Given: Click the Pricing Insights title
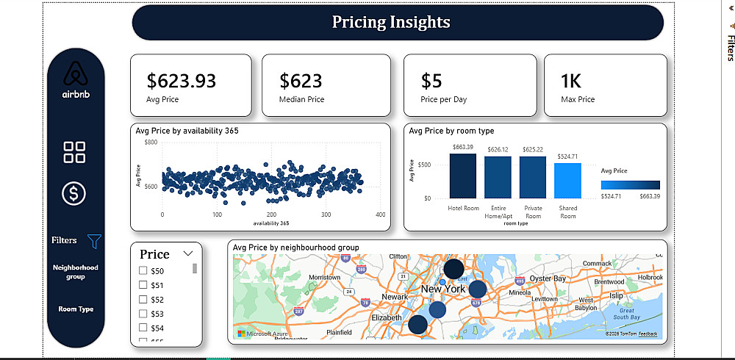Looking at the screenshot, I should tap(391, 22).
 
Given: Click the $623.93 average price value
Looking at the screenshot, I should tap(182, 80).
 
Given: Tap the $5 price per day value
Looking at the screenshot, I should tap(431, 80).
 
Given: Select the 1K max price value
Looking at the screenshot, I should tap(570, 80).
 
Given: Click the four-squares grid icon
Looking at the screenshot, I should tap(75, 152).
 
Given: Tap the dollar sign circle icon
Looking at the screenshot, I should tap(75, 193).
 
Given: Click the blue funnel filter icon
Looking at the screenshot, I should tap(94, 240).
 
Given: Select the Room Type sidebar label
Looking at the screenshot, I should tap(76, 309).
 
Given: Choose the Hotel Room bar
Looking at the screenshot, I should tap(463, 176).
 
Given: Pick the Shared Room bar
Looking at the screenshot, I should tap(567, 180).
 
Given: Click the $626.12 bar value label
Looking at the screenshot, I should tap(498, 149).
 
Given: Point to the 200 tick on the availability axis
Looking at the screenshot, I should tap(271, 215).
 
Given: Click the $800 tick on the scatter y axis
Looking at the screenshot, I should tap(150, 142).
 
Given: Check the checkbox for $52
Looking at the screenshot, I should tap(143, 299).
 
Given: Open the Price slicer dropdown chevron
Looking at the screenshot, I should tap(188, 253).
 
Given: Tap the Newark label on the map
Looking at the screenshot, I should tap(395, 298).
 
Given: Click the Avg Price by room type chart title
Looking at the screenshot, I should tap(451, 131).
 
